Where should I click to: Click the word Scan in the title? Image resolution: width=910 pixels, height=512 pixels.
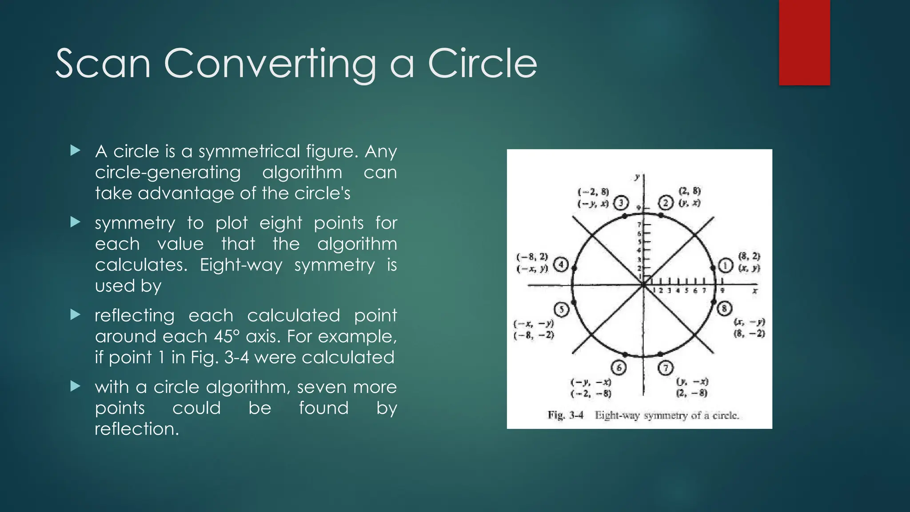103,64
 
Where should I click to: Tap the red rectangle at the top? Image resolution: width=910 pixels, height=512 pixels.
804,42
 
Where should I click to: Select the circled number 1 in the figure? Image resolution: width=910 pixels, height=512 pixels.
725,266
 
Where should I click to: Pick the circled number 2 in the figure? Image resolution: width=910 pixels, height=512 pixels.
666,203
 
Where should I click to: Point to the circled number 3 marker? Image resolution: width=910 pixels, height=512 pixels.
621,203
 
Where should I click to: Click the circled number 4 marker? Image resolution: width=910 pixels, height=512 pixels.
561,265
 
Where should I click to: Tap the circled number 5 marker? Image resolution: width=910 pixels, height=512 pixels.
562,309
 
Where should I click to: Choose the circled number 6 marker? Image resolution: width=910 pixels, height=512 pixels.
619,368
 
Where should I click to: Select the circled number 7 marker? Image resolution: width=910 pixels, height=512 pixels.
665,368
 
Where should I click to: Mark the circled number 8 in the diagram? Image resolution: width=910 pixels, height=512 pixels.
724,308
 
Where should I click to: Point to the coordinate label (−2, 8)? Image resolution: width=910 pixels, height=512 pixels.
593,192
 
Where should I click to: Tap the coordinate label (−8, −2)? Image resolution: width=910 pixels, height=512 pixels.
534,335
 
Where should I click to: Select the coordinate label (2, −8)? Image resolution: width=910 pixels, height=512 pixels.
692,393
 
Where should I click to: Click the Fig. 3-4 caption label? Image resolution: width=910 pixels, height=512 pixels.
565,416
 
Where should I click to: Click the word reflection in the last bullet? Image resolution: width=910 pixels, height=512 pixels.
136,429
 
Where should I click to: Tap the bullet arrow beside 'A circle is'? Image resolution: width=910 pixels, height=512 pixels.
76,151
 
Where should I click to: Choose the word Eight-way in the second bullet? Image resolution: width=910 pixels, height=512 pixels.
241,265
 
